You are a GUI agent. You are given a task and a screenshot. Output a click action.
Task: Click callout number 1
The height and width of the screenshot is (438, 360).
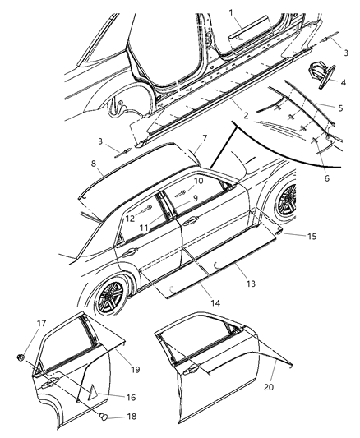point(231,12)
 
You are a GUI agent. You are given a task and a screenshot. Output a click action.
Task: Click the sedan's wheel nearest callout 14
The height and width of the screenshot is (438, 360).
point(109,297)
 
